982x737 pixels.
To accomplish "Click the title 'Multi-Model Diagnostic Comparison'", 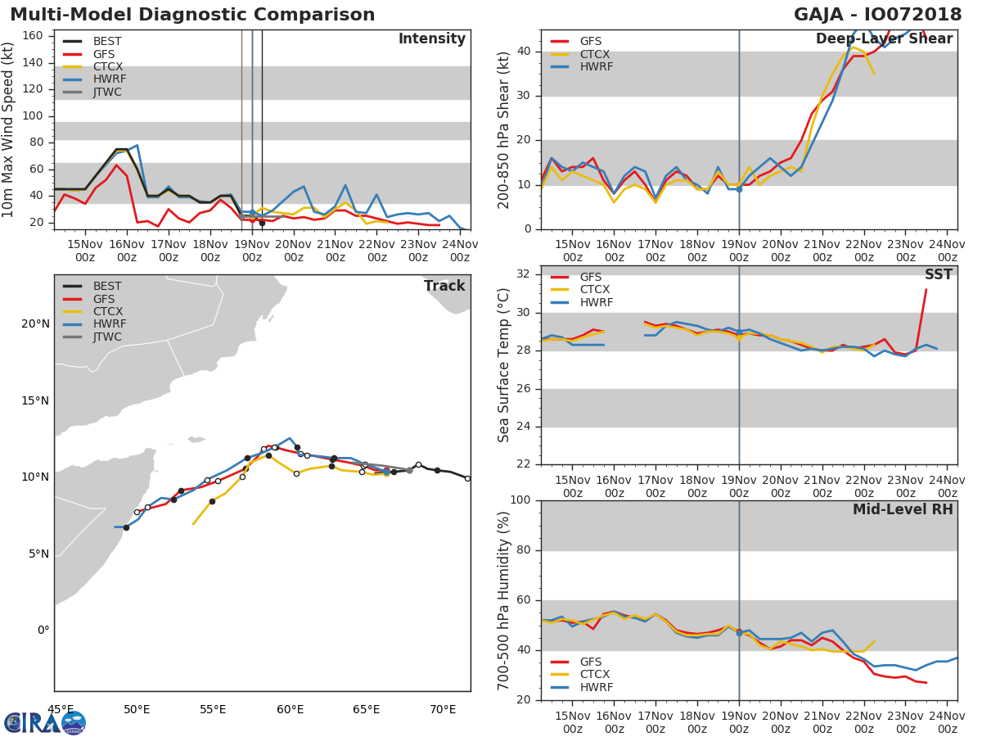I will (x=192, y=15).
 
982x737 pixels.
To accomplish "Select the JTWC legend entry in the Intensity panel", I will (x=107, y=92).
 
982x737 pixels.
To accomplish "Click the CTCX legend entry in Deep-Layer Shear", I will (x=595, y=54).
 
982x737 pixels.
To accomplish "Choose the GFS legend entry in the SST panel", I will (x=590, y=277).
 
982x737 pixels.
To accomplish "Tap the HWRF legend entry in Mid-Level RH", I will (x=595, y=687).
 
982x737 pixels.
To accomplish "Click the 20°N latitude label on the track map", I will (x=35, y=324).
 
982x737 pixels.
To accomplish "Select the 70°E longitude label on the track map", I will (x=443, y=709).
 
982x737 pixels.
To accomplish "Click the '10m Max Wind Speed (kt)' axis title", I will (x=9, y=129).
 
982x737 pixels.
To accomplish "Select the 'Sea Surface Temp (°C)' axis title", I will (x=504, y=366).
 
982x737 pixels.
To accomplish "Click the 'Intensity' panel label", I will (x=431, y=39).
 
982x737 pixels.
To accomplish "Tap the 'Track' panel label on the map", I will (x=444, y=286).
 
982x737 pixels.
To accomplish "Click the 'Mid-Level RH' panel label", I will (x=903, y=509).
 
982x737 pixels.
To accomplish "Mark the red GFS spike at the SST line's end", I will (x=926, y=290).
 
